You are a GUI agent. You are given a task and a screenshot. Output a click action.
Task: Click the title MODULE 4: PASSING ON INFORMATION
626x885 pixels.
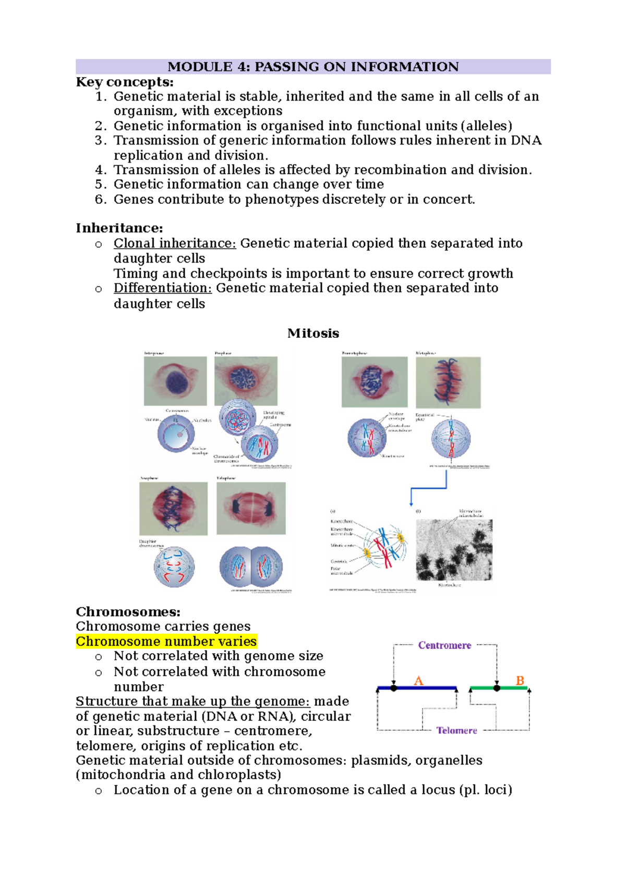(x=313, y=67)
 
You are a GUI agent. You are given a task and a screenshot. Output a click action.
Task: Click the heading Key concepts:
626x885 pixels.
(x=125, y=82)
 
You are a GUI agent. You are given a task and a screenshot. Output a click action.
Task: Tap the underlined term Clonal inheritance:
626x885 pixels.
(x=175, y=243)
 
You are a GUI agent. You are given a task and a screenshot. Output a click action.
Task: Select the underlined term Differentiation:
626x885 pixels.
(x=163, y=288)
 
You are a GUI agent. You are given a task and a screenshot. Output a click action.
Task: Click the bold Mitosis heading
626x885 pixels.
(x=313, y=334)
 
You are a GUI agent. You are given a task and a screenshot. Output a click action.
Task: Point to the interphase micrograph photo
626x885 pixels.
(x=175, y=381)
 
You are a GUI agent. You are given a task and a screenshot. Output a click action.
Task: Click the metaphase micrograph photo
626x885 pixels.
(x=448, y=383)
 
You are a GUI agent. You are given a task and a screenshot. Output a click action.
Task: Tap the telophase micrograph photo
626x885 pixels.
(x=251, y=508)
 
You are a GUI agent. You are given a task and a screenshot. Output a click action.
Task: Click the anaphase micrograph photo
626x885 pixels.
(x=173, y=508)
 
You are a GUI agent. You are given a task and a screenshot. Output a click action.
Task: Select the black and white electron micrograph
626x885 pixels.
(x=454, y=550)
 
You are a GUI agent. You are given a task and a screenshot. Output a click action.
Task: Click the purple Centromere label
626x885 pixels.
(x=444, y=645)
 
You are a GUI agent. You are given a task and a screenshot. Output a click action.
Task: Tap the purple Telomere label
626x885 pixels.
(x=456, y=731)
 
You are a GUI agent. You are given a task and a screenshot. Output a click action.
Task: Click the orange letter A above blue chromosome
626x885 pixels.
(x=418, y=681)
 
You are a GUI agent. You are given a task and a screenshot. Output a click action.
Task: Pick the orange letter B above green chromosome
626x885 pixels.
(x=520, y=681)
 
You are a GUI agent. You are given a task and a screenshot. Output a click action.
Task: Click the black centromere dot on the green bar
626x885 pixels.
(x=497, y=688)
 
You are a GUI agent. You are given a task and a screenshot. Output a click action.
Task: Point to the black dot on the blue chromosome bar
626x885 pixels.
(x=394, y=688)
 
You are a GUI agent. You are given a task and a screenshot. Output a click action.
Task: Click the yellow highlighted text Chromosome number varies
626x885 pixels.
(x=166, y=641)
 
